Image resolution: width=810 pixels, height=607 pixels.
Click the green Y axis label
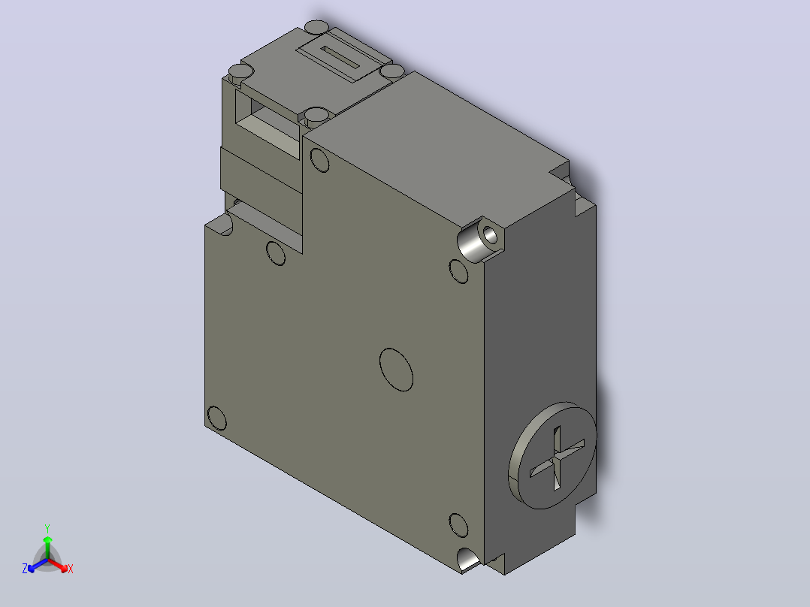(47, 528)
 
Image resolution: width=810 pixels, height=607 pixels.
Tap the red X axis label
(71, 569)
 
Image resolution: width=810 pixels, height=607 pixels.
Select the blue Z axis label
(24, 569)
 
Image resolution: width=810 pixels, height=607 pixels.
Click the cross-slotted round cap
(552, 455)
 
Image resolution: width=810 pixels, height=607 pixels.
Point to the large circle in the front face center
(396, 370)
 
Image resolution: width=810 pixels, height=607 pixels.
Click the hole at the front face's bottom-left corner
(216, 418)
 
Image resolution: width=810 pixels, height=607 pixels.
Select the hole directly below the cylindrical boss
(458, 271)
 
